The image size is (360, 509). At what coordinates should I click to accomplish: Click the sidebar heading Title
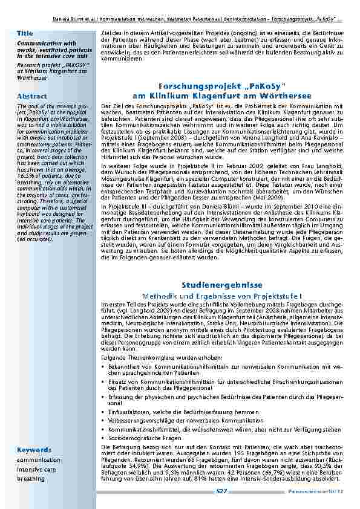[25, 32]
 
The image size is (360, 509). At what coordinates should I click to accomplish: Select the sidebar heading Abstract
[28, 96]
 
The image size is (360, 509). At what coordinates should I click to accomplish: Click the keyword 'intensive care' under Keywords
[36, 468]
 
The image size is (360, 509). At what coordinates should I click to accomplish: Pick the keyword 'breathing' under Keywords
[30, 478]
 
